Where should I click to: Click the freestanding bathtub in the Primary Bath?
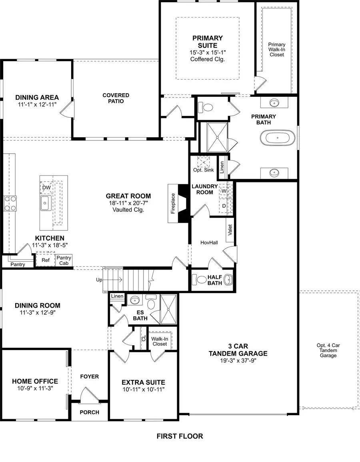pos(274,138)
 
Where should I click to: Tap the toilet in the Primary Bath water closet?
pos(207,107)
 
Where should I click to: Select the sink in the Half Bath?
pos(228,279)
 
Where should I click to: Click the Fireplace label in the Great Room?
pos(173,204)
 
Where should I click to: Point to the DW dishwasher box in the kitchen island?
pos(46,187)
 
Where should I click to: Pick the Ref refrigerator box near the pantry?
pos(45,259)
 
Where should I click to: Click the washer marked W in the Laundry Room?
pos(224,191)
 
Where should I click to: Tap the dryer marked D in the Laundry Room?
pos(224,206)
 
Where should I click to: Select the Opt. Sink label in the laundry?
pos(204,170)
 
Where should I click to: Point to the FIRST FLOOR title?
pos(180,436)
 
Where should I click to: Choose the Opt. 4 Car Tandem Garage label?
pos(328,350)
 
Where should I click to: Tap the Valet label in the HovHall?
pos(230,230)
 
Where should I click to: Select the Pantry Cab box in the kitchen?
pos(64,260)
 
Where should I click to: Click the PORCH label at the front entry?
pos(90,412)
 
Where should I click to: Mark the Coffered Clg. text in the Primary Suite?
pos(208,59)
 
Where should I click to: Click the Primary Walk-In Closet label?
pos(277,50)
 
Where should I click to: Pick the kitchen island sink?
pos(44,203)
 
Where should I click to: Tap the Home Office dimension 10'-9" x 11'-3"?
pos(35,388)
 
